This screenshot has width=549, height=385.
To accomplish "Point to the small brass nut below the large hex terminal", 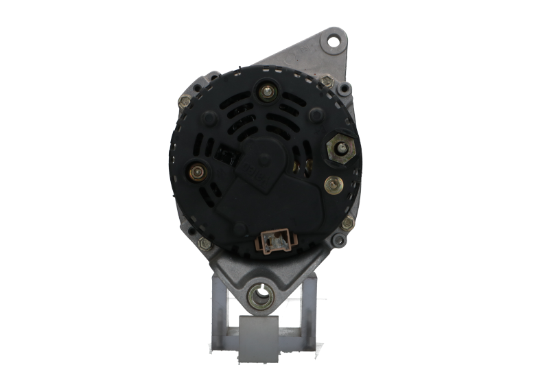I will (334, 183).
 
